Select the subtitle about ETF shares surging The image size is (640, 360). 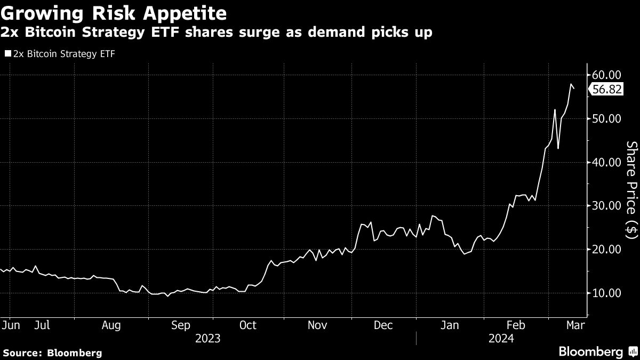[217, 33]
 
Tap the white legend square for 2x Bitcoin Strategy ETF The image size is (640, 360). [7, 54]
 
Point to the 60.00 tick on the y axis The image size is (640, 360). [607, 75]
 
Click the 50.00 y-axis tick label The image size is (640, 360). [607, 118]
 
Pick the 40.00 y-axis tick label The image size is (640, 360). [607, 162]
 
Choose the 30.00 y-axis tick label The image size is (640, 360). [607, 206]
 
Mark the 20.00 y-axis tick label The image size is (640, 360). [607, 250]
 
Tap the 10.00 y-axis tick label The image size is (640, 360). [607, 293]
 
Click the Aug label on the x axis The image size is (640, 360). [111, 325]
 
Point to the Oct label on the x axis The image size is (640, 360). [248, 325]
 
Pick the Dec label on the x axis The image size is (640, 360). [383, 325]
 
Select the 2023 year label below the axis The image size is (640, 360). [208, 338]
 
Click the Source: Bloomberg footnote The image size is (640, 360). [52, 353]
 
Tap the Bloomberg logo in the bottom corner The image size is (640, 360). [597, 352]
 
